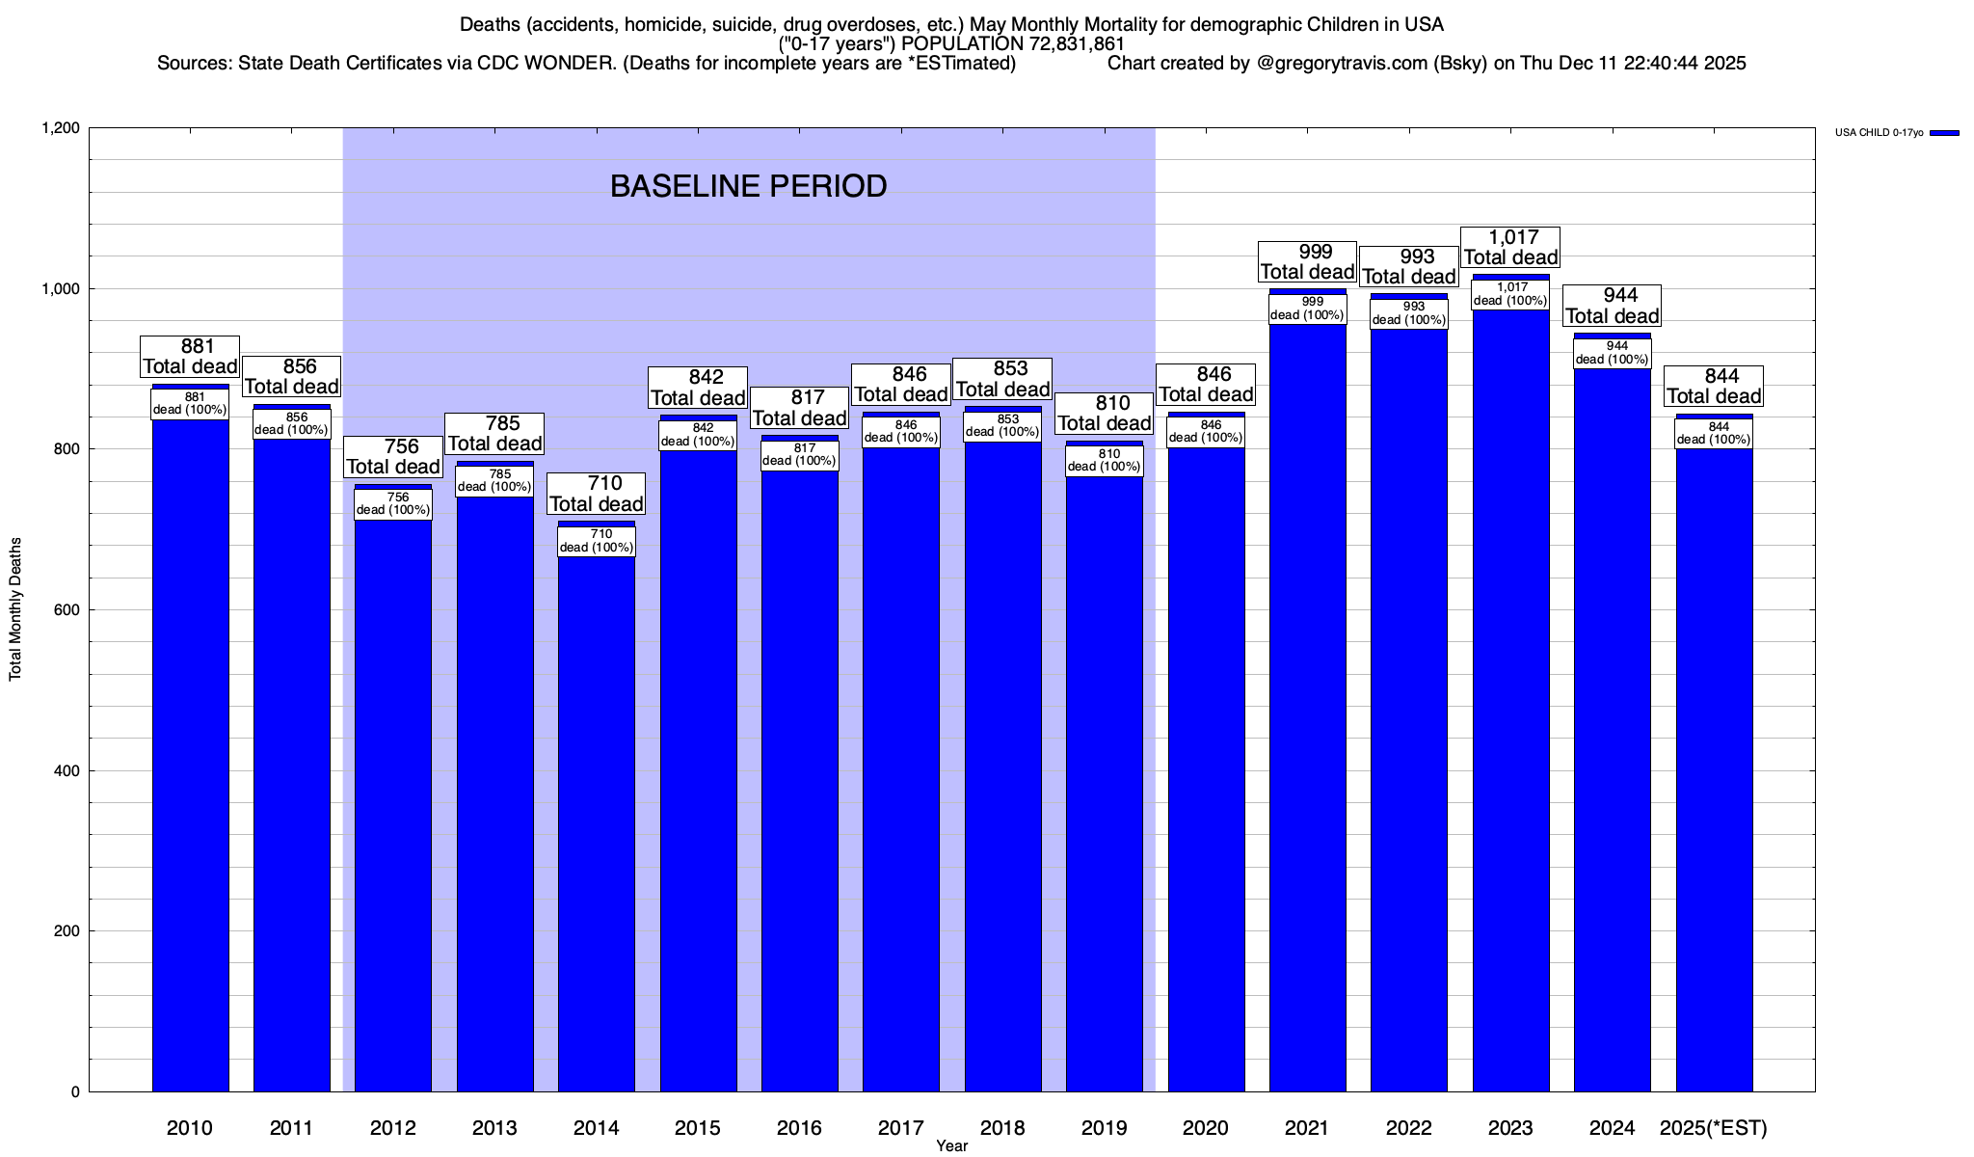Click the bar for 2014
click(x=597, y=820)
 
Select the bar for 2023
click(x=1510, y=694)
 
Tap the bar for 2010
click(x=191, y=752)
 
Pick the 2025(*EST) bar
click(x=1714, y=771)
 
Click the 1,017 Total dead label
click(x=1510, y=247)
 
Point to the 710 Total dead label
click(x=597, y=494)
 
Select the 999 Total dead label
click(x=1308, y=261)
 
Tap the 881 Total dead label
click(x=190, y=356)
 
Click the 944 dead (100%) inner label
click(x=1613, y=353)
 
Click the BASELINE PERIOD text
click(x=748, y=186)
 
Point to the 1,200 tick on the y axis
click(x=60, y=128)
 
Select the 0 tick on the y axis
click(x=75, y=1092)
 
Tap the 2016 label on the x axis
click(x=799, y=1128)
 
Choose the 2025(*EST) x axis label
click(x=1714, y=1128)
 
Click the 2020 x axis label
click(x=1206, y=1128)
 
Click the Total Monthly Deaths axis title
click(x=15, y=609)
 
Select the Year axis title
click(x=951, y=1146)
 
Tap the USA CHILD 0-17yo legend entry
click(x=1879, y=133)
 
